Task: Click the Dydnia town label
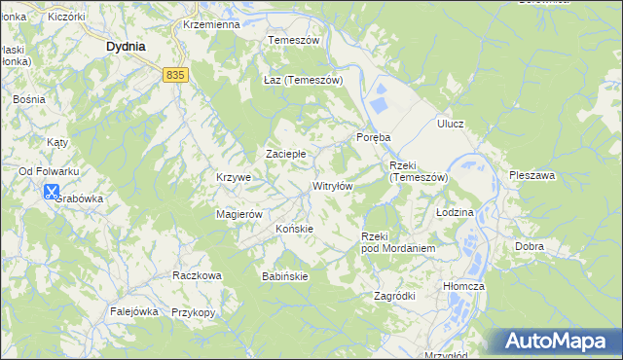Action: (x=126, y=46)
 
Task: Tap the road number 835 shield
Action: (x=175, y=74)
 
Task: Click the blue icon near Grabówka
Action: (x=52, y=193)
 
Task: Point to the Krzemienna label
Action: (x=210, y=24)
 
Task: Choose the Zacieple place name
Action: (x=286, y=154)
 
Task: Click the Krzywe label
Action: (x=234, y=178)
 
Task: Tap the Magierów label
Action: (x=239, y=214)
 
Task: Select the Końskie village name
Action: (x=294, y=229)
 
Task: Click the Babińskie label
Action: (x=285, y=276)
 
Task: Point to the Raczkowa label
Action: (x=197, y=275)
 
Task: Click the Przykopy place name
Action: (x=193, y=312)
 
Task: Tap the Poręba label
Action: (x=374, y=137)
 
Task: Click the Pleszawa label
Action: (x=531, y=176)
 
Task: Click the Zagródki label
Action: (x=395, y=296)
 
